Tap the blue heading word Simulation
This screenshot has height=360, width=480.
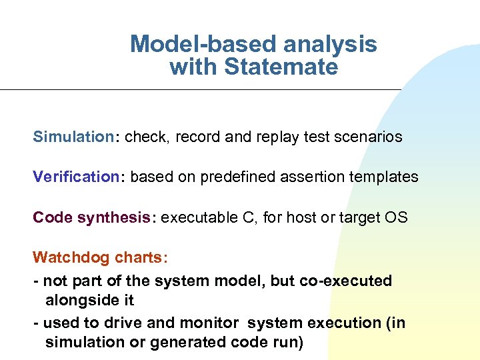pos(74,137)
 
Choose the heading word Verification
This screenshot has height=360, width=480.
pos(75,177)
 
